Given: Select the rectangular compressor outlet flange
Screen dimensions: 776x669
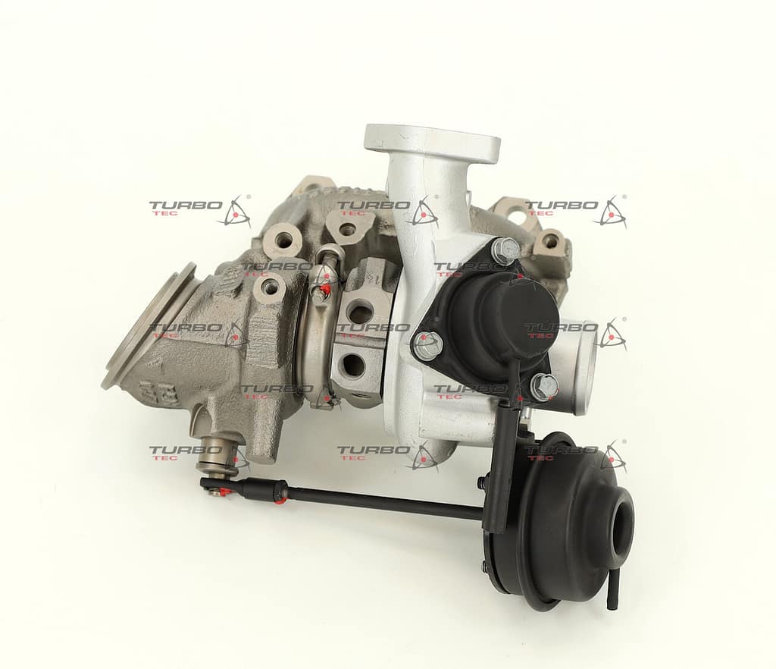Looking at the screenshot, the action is tap(432, 143).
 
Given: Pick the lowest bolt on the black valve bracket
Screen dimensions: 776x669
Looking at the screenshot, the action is tap(543, 385).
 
